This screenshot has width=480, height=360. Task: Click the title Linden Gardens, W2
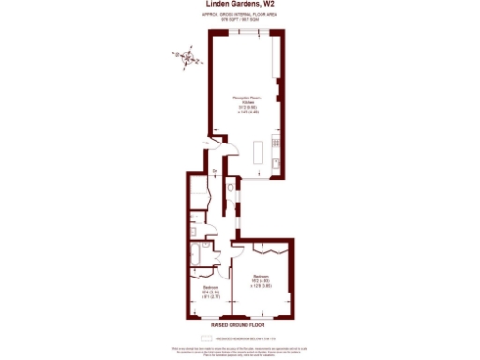pyautogui.click(x=240, y=7)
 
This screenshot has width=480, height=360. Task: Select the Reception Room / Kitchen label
pyautogui.click(x=247, y=98)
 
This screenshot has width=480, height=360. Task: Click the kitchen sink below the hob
pyautogui.click(x=273, y=162)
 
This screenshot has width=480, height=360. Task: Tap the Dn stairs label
pyautogui.click(x=215, y=170)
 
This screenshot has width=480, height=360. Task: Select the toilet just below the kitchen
pyautogui.click(x=232, y=193)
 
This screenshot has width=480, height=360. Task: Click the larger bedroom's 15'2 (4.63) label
pyautogui.click(x=260, y=278)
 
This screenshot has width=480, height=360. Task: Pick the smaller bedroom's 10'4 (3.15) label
pyautogui.click(x=212, y=290)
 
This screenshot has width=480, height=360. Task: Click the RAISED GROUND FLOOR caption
pyautogui.click(x=240, y=323)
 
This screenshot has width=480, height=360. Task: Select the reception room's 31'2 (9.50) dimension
pyautogui.click(x=247, y=106)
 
